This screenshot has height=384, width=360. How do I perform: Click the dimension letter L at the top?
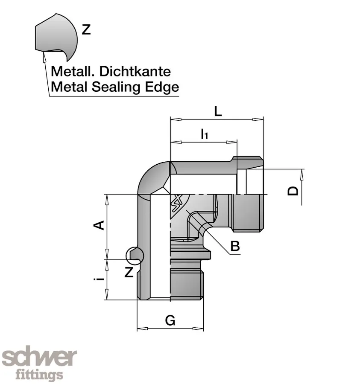point(218,112)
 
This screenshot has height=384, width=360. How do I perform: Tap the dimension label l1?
point(204,134)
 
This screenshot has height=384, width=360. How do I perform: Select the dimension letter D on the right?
point(293,190)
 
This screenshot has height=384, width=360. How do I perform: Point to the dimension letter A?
point(99,225)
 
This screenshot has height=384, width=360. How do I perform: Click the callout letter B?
point(235,246)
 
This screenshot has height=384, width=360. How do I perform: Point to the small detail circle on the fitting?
point(135,255)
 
